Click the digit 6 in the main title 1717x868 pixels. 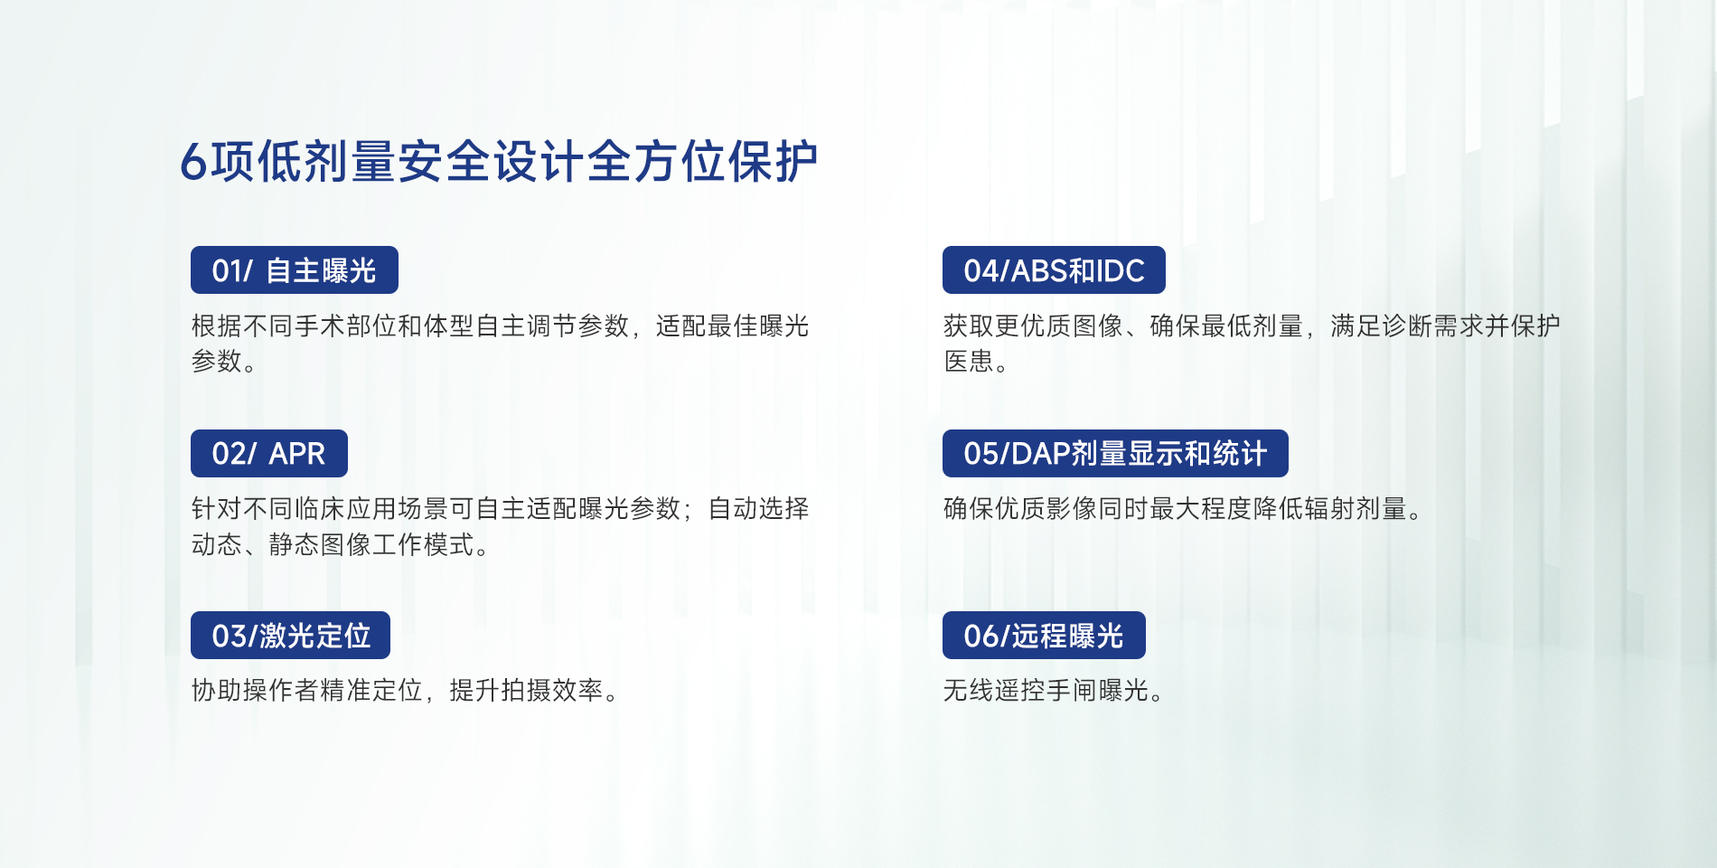(193, 163)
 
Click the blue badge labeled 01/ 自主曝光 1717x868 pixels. (295, 269)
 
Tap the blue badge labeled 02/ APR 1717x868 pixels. (269, 453)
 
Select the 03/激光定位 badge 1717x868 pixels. (290, 635)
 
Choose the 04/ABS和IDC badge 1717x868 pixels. (1054, 269)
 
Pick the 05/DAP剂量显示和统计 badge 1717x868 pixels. (1115, 453)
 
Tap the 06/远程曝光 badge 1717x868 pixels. (1044, 635)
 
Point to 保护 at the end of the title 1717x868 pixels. (773, 163)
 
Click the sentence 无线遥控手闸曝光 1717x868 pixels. (1053, 691)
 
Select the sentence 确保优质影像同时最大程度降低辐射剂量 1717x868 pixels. (1182, 509)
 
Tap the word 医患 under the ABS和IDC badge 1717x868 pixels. (969, 362)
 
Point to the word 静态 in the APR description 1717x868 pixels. (295, 545)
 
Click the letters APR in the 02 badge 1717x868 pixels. (297, 454)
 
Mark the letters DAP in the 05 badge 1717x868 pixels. (1040, 454)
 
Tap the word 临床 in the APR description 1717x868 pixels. (320, 509)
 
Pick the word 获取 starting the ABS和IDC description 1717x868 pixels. (969, 325)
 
